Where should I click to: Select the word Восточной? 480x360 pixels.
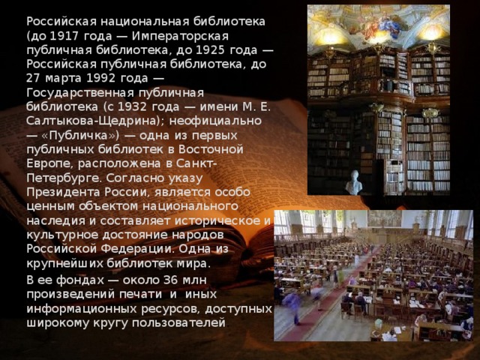224,148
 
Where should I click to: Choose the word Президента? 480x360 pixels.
61,191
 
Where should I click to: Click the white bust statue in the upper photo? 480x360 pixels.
353,182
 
